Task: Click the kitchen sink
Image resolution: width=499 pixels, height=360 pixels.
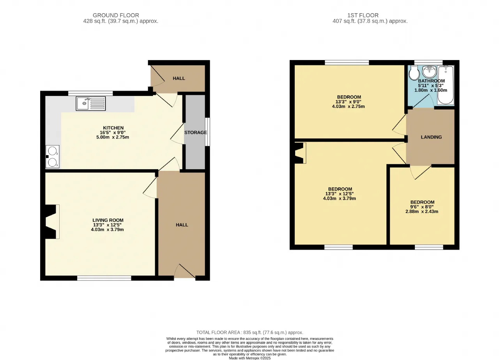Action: click(91, 103)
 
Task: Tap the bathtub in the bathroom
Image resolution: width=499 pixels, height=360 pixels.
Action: click(446, 85)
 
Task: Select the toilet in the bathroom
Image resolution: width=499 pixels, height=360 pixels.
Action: click(414, 73)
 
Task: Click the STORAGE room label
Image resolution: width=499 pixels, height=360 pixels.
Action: click(196, 132)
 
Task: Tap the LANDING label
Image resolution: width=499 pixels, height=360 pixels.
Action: click(431, 137)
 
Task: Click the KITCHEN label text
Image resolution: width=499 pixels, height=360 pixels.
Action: click(113, 128)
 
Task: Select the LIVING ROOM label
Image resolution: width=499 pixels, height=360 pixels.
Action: click(108, 220)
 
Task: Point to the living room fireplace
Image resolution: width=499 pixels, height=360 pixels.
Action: click(52, 222)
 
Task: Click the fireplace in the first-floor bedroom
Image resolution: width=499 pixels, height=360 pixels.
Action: click(300, 153)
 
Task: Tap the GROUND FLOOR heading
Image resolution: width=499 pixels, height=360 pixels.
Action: click(116, 15)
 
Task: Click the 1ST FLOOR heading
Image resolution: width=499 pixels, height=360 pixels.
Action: click(363, 15)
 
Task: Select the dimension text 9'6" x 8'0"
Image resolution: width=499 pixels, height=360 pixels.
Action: click(422, 207)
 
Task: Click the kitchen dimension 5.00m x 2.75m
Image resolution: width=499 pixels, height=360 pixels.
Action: click(113, 137)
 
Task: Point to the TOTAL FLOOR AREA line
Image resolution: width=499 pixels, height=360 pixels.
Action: click(250, 332)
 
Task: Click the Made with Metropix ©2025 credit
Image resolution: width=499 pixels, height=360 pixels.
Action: click(250, 358)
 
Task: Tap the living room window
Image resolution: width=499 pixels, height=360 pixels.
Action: click(104, 278)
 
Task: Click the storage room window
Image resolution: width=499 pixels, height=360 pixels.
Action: click(207, 132)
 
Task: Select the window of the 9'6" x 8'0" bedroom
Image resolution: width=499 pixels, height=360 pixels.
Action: click(429, 247)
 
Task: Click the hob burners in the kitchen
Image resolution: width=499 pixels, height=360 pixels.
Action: click(52, 156)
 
